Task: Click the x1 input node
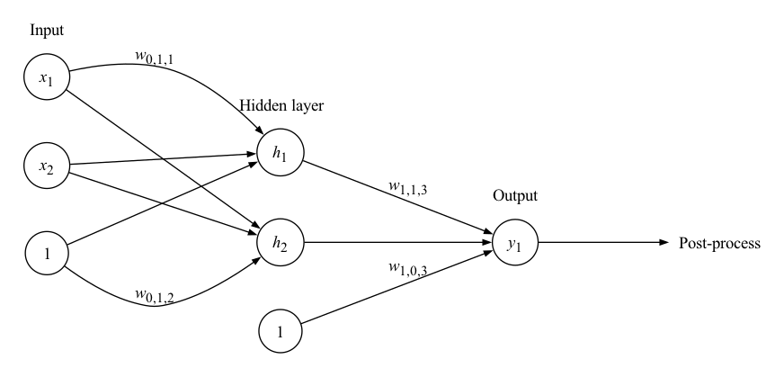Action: [47, 78]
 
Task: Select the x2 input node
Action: [47, 165]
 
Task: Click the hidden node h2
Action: [281, 243]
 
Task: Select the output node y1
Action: [514, 243]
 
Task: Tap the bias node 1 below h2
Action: [281, 330]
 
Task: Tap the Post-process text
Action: [719, 244]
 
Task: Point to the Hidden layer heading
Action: [281, 106]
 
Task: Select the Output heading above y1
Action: [514, 196]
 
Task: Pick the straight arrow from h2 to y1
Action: [396, 243]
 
